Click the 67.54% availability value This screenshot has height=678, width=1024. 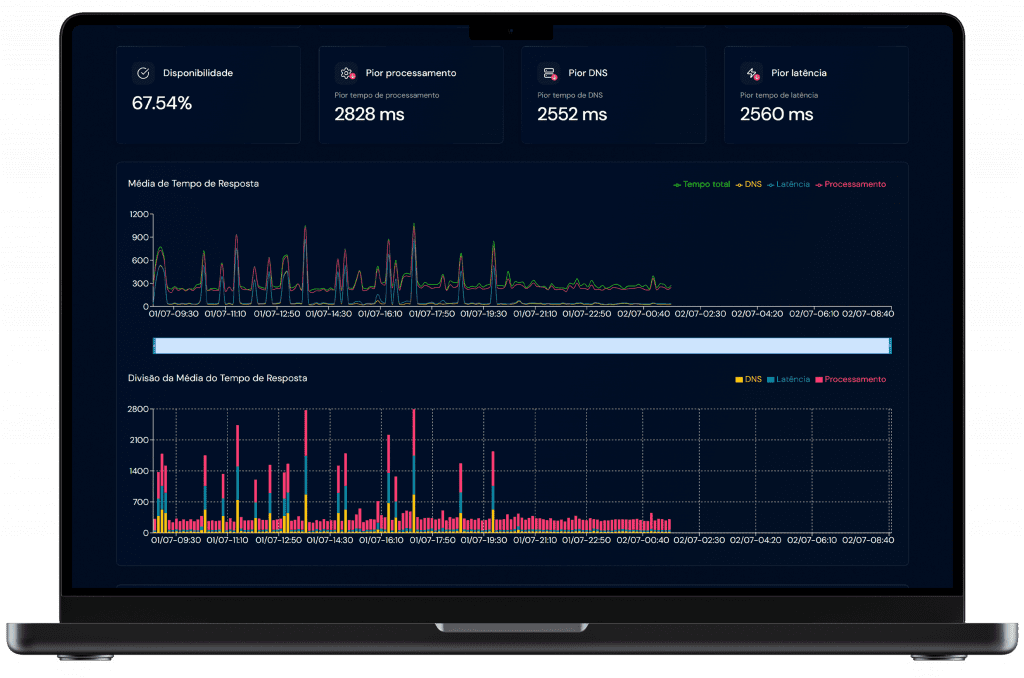click(x=162, y=103)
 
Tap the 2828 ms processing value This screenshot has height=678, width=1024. click(x=369, y=114)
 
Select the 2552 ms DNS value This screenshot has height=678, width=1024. click(x=572, y=114)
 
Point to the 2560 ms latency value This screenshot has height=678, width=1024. click(x=776, y=114)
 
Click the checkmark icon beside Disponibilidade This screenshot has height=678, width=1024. click(x=143, y=73)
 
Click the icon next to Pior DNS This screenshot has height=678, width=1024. click(x=549, y=73)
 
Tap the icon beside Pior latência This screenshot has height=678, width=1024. click(x=752, y=73)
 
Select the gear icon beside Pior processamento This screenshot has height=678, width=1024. click(x=346, y=73)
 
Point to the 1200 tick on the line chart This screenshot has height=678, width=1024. click(x=138, y=214)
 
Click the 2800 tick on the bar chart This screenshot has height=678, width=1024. click(x=138, y=409)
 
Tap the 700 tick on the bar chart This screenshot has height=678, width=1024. click(x=140, y=501)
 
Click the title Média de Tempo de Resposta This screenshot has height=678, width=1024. click(x=193, y=184)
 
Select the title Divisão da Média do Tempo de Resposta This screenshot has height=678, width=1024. click(x=217, y=378)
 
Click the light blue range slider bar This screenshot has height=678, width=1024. click(x=521, y=345)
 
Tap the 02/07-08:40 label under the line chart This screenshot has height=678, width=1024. click(x=867, y=313)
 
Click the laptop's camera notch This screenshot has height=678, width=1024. click(x=511, y=31)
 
